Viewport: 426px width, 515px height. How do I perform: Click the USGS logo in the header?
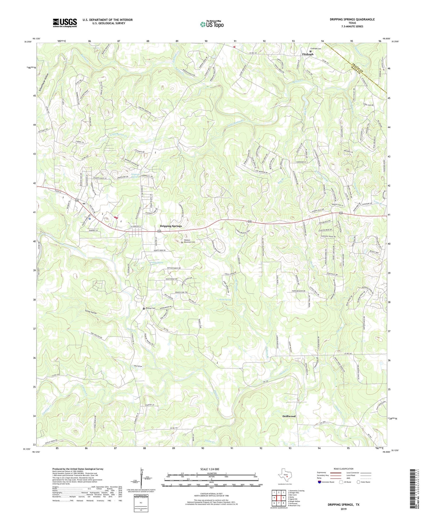(x=65, y=23)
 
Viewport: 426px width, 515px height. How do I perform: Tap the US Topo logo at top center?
(x=211, y=24)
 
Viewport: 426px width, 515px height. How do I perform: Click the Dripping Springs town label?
(x=171, y=226)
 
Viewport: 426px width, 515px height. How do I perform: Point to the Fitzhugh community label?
(x=307, y=54)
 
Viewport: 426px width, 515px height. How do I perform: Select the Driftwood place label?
(x=289, y=416)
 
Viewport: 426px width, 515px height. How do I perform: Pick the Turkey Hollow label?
(x=91, y=312)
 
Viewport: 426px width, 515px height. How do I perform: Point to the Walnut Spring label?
(x=156, y=262)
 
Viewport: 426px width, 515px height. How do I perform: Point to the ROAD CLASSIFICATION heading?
(x=343, y=469)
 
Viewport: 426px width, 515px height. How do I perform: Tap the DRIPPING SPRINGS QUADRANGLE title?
(x=352, y=19)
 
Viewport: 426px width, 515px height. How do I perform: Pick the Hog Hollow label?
(x=138, y=366)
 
